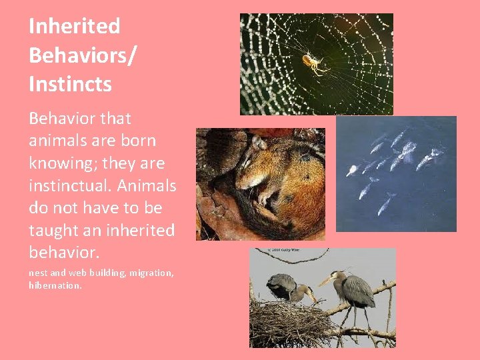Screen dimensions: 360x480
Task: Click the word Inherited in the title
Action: (74, 27)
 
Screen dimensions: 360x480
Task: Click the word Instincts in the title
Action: (70, 85)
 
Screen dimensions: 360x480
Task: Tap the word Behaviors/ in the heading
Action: (82, 55)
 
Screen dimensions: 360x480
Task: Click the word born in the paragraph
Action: (139, 141)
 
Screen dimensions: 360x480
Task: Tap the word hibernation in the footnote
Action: (55, 285)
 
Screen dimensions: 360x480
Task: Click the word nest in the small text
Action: (38, 273)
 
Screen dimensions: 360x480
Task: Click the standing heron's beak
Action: (325, 281)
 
